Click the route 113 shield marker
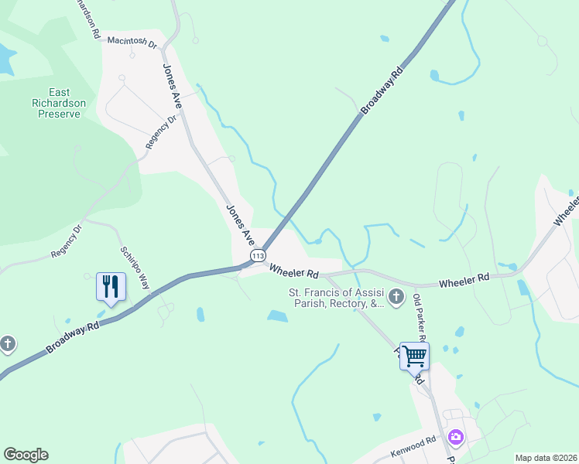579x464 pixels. point(258,256)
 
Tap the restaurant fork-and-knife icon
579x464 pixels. point(109,287)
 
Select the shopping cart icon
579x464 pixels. point(414,355)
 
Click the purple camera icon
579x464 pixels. point(455,438)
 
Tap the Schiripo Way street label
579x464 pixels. point(134,268)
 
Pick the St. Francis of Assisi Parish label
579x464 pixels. point(336,299)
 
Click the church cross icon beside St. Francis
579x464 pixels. point(396,296)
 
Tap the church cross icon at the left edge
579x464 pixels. point(8,343)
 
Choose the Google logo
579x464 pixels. point(26,455)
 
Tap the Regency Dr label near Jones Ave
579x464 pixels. point(162,132)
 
